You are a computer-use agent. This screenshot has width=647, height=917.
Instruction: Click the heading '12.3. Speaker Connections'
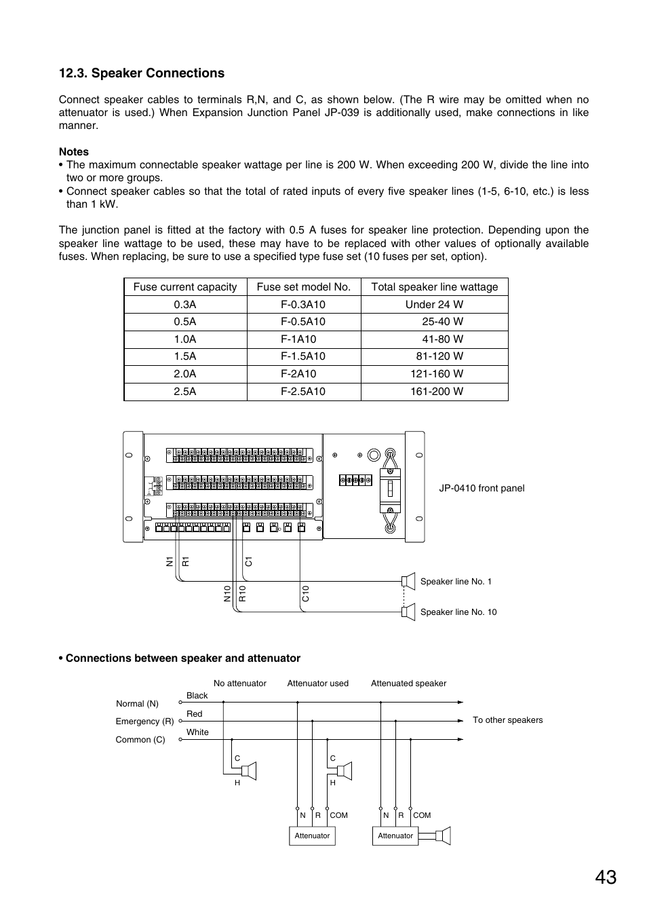(142, 73)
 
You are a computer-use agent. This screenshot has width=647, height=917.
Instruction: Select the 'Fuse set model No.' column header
(304, 287)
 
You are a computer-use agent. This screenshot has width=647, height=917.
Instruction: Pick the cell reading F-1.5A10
(303, 356)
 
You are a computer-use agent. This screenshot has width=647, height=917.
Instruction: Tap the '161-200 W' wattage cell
(437, 392)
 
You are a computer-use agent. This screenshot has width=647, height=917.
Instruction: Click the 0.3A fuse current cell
(185, 305)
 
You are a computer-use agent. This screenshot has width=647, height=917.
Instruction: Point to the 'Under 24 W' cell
(434, 305)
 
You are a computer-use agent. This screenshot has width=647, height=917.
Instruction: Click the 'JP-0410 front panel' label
(482, 488)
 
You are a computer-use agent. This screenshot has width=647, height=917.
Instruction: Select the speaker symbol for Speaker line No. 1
(408, 581)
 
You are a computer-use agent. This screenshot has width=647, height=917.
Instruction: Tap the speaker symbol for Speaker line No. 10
(408, 612)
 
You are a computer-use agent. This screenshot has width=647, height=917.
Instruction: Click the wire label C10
(306, 594)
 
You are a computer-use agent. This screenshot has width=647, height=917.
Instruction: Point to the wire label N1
(170, 561)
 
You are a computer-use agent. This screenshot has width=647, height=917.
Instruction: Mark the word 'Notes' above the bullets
(74, 152)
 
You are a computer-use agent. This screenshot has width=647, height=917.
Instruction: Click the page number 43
(606, 878)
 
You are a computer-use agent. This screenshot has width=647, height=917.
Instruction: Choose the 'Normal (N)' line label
(137, 704)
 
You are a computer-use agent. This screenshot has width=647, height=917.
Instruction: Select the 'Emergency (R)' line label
(144, 722)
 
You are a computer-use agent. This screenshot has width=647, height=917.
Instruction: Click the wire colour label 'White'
(197, 732)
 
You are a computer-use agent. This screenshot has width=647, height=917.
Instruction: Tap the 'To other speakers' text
(507, 720)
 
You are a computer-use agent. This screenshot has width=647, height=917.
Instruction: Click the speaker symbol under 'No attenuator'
(249, 771)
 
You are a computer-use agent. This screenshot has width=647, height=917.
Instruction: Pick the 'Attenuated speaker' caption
(408, 684)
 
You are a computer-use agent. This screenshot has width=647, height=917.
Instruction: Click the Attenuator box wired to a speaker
(395, 836)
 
